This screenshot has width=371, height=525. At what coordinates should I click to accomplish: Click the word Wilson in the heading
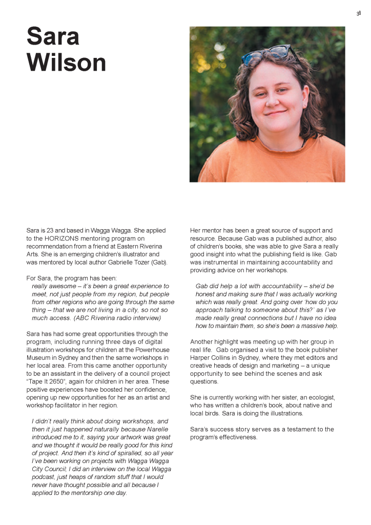[x=66, y=63]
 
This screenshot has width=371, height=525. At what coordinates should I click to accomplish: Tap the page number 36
[x=359, y=13]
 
